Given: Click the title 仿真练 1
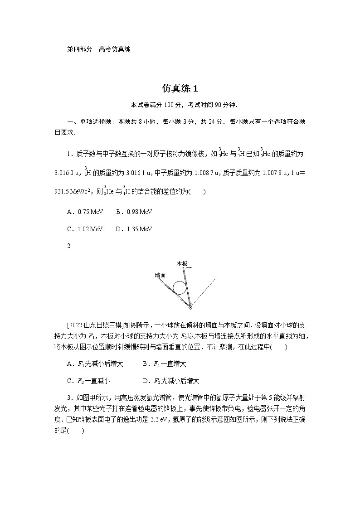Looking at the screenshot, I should [x=180, y=88].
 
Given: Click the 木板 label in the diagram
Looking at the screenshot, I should [x=182, y=263].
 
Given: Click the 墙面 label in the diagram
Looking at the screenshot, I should [x=160, y=275].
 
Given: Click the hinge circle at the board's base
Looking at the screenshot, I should [x=190, y=308].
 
